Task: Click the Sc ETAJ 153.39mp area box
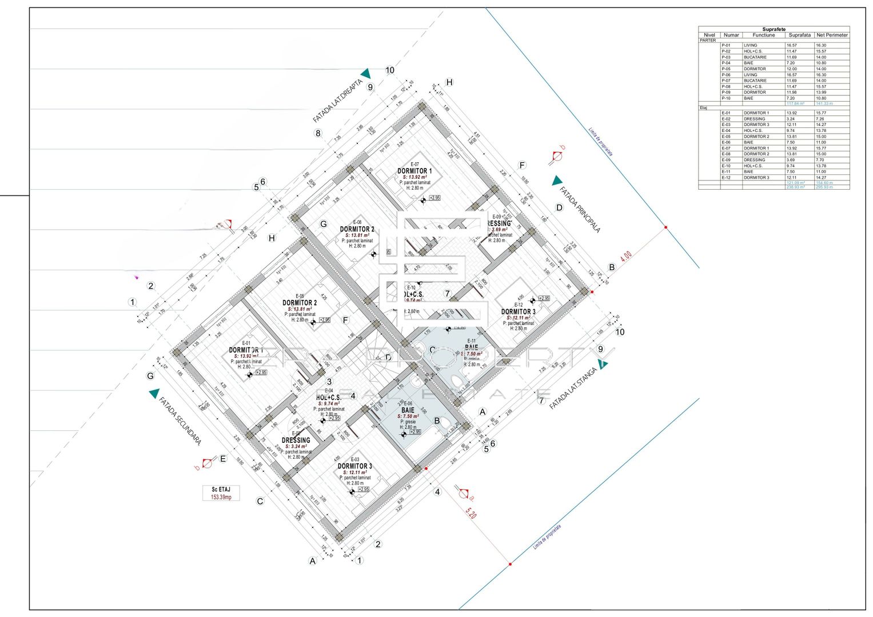click(221, 493)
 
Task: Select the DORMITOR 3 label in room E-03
click(354, 466)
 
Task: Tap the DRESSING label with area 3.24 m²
click(296, 440)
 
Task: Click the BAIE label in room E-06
click(408, 410)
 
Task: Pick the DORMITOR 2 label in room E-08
click(357, 229)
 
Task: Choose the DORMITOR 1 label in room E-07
click(414, 171)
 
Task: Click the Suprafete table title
click(774, 29)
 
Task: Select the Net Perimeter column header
click(832, 35)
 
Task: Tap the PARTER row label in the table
click(708, 40)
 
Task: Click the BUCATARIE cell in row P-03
click(755, 57)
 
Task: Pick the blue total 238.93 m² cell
click(795, 187)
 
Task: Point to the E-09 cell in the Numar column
click(725, 160)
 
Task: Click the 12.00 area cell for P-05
click(791, 69)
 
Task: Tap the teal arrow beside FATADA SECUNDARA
click(154, 393)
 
